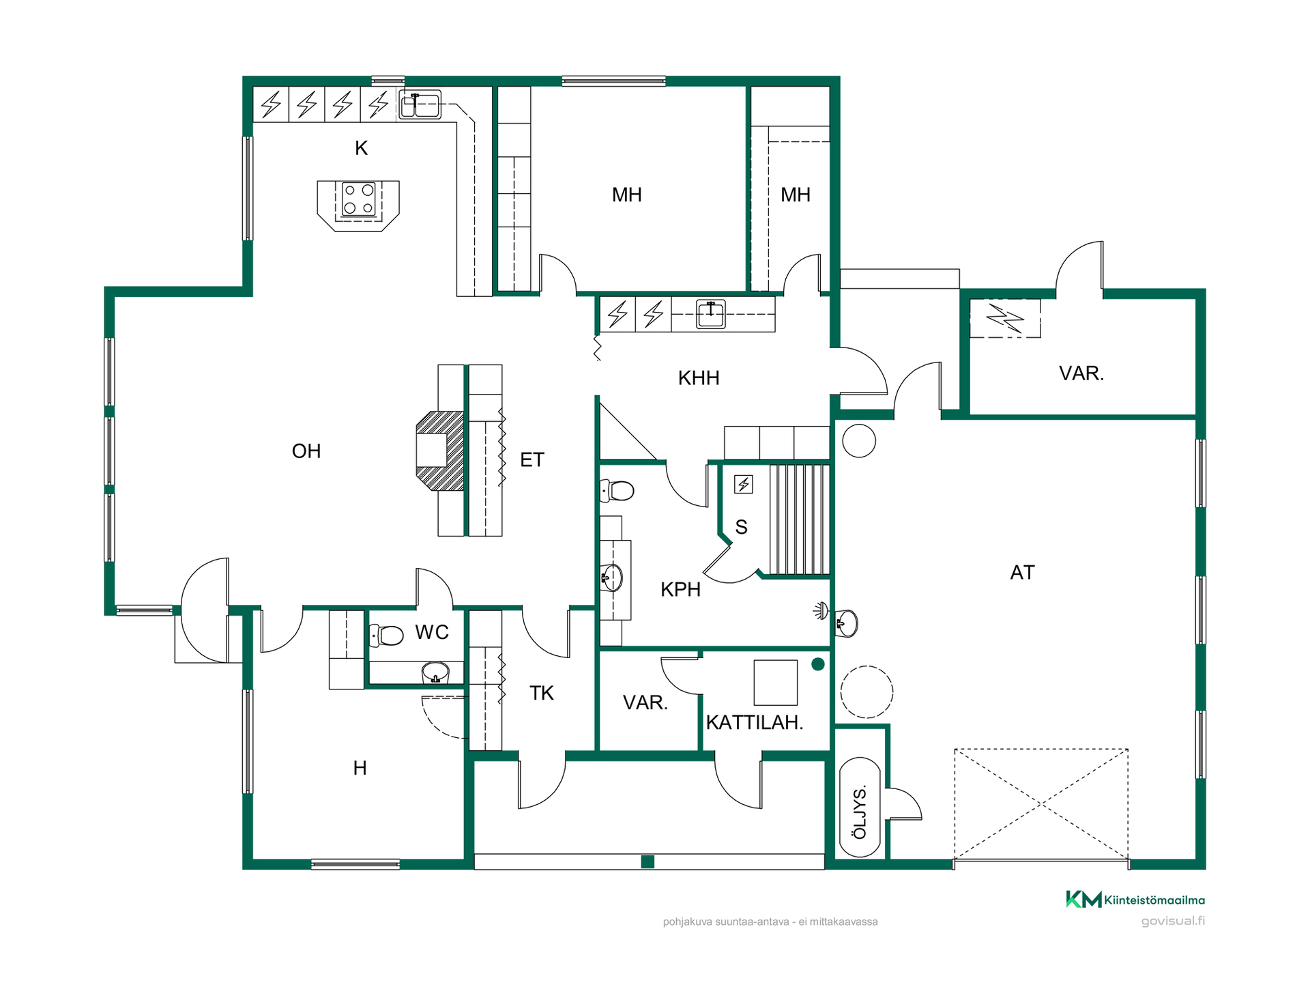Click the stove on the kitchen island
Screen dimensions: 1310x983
pos(359,199)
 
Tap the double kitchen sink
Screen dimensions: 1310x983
pos(420,104)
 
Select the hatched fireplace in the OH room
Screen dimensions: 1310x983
pos(440,451)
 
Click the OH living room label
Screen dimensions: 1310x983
pos(306,451)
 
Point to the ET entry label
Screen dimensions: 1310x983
pos(532,459)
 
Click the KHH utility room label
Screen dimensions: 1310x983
pos(699,377)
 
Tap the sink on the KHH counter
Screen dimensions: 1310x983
pos(710,314)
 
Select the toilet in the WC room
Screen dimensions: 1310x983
pos(386,636)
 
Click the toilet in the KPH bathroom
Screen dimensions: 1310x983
pos(617,490)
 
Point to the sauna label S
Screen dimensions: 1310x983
pos(742,527)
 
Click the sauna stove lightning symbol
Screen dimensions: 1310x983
pos(744,484)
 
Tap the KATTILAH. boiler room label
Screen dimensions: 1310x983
pos(755,722)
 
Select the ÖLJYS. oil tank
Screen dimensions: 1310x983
pos(860,807)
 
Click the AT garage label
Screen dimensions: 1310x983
pos(1022,572)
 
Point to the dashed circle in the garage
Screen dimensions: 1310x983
pos(867,692)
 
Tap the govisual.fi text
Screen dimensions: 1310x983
pos(1173,921)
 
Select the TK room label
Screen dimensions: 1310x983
pos(542,693)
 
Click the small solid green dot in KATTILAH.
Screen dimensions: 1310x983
pos(818,664)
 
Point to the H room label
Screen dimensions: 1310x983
pos(360,768)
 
